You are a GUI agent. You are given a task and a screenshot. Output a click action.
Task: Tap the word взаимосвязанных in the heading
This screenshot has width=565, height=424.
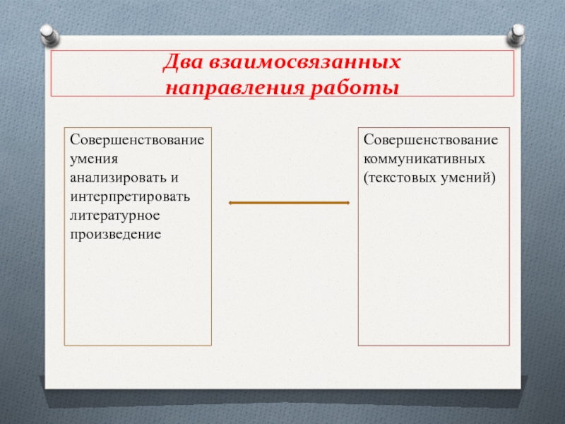[305, 62]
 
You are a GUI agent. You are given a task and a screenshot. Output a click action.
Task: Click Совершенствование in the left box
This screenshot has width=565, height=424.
[137, 140]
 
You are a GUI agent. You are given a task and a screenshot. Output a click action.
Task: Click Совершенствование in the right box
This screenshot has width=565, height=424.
[431, 140]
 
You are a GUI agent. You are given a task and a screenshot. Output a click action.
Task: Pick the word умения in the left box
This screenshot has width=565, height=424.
[94, 159]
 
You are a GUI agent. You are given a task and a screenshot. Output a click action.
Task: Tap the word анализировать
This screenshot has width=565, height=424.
[118, 178]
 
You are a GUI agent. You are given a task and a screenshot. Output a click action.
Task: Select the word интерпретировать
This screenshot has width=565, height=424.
[130, 197]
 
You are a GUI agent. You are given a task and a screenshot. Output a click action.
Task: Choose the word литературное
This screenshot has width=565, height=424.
[114, 216]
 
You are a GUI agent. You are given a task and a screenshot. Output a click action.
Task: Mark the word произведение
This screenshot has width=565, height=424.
[115, 235]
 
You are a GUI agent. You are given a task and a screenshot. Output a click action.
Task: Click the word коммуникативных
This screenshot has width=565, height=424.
[424, 159]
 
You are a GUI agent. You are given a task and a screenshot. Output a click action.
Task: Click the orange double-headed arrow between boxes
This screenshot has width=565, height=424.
[289, 203]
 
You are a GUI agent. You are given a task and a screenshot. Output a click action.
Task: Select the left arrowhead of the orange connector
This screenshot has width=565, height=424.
[230, 203]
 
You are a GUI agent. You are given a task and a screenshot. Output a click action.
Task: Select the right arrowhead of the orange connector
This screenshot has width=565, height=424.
[348, 203]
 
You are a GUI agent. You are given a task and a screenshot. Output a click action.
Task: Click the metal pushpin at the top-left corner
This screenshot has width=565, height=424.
[49, 35]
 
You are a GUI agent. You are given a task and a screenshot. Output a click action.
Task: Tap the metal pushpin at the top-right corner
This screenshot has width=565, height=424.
[516, 35]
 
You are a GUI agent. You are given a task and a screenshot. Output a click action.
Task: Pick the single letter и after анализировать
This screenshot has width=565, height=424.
[174, 179]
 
